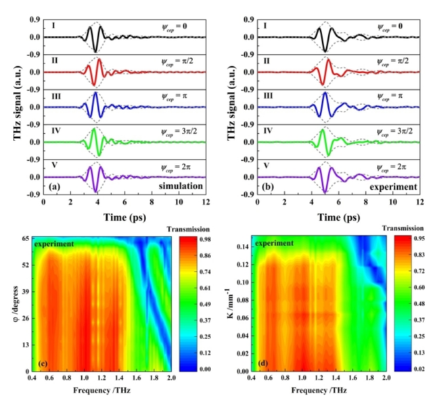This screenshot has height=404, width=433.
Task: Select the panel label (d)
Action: click(x=258, y=365)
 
